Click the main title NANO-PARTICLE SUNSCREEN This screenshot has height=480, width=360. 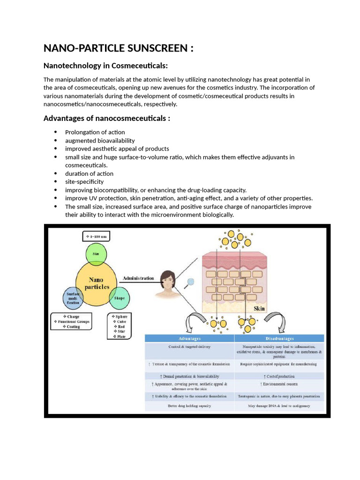118,48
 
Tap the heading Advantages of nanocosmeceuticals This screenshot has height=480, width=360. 106,118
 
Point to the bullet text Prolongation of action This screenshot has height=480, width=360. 95,132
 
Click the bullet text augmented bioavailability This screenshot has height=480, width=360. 100,141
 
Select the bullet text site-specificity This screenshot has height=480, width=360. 84,181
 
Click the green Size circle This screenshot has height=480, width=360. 96,254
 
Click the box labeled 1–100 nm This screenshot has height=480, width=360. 96,237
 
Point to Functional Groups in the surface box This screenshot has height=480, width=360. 73,322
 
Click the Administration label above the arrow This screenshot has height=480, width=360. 138,278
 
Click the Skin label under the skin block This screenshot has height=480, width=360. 259,309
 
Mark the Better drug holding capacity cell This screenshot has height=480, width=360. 189,406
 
